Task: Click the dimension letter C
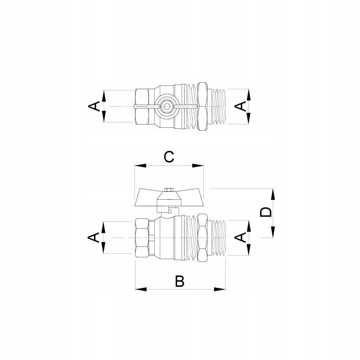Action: pyautogui.click(x=169, y=157)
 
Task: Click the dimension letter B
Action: pyautogui.click(x=180, y=281)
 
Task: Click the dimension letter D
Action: pyautogui.click(x=265, y=212)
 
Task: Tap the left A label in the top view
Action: pyautogui.click(x=94, y=106)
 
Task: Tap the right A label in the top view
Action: pyautogui.click(x=240, y=107)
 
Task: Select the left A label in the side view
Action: pyautogui.click(x=94, y=237)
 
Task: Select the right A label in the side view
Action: pyautogui.click(x=240, y=237)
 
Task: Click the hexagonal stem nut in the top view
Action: pyautogui.click(x=166, y=107)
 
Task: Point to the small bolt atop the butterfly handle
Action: pyautogui.click(x=169, y=190)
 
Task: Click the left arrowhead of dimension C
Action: pyautogui.click(x=140, y=166)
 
